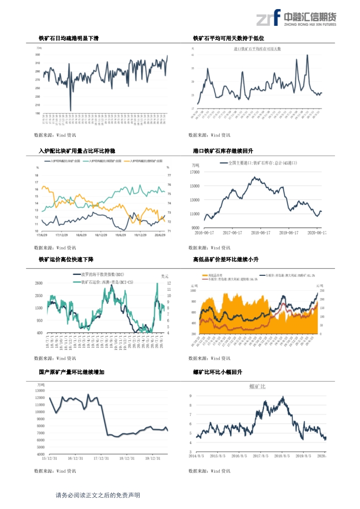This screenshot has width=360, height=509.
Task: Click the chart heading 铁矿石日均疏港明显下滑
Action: click(x=69, y=39)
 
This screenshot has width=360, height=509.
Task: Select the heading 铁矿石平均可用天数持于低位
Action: click(x=228, y=39)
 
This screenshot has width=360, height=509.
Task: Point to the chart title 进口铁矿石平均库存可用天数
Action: click(x=257, y=49)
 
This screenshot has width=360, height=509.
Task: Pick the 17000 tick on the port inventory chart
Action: click(x=195, y=172)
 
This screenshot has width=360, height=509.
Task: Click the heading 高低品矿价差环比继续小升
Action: click(x=226, y=259)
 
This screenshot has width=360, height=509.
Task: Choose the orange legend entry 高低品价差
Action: click(x=212, y=275)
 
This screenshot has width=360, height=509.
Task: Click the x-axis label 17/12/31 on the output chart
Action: click(x=100, y=458)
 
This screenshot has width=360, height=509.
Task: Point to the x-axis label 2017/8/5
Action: click(x=254, y=455)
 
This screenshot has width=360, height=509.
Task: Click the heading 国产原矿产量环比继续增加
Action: click(x=71, y=372)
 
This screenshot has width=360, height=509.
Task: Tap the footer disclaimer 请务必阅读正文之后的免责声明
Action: click(x=98, y=495)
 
